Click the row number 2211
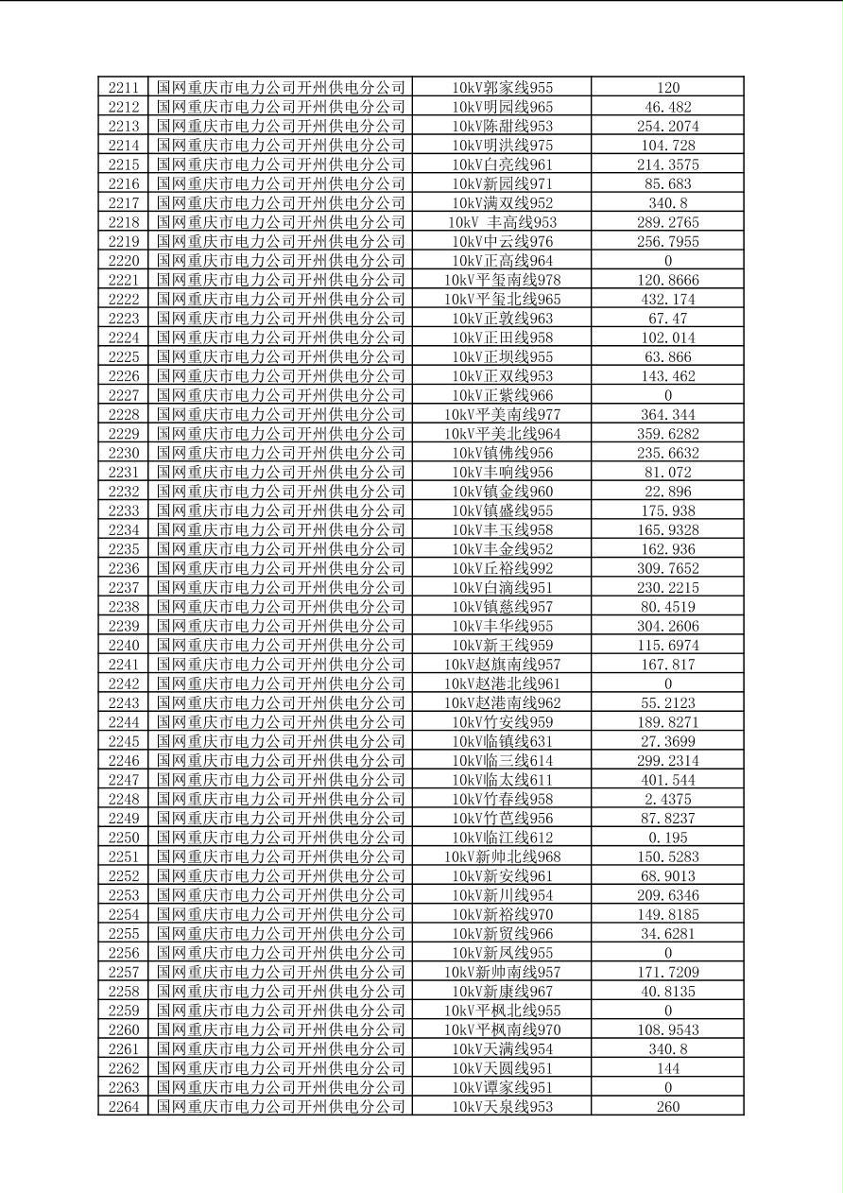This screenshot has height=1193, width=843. (124, 88)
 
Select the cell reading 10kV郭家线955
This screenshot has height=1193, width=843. (502, 88)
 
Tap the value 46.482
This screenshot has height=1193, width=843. (667, 107)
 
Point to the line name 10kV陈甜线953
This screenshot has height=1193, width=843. (502, 127)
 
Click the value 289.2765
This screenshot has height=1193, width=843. (667, 222)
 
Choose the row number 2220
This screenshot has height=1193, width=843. (124, 261)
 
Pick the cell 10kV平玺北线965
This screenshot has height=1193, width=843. (502, 300)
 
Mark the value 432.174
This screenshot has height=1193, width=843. (667, 300)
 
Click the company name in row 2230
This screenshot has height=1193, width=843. (281, 453)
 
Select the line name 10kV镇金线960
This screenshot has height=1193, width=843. (502, 492)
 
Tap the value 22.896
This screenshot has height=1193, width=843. (667, 492)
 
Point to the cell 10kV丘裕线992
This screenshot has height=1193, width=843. (502, 568)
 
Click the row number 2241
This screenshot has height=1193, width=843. (124, 665)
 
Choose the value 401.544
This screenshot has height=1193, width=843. (667, 780)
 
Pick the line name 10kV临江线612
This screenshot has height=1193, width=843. (502, 838)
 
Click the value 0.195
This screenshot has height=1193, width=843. (667, 838)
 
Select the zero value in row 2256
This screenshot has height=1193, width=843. (667, 953)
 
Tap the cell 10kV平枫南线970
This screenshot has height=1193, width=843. (502, 1029)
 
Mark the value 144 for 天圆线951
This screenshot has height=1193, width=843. (667, 1068)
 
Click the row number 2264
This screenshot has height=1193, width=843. (124, 1107)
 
